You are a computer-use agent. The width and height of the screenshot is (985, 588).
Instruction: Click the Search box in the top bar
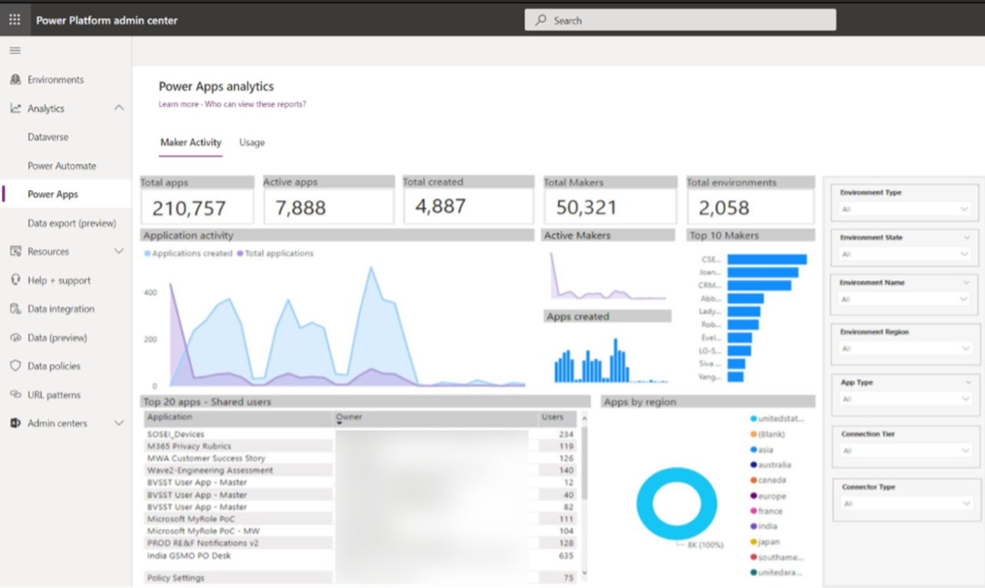pyautogui.click(x=680, y=20)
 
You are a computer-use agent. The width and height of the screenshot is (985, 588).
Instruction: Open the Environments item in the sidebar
pyautogui.click(x=55, y=80)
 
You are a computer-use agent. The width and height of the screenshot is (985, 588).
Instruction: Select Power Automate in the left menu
pyautogui.click(x=62, y=166)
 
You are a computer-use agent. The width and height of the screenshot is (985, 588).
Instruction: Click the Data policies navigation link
pyautogui.click(x=53, y=366)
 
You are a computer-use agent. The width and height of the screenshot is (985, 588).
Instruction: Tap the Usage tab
pyautogui.click(x=252, y=142)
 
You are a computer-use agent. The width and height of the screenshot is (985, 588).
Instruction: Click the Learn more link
pyautogui.click(x=179, y=104)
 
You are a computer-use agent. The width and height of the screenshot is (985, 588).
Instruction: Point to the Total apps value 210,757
pyautogui.click(x=189, y=208)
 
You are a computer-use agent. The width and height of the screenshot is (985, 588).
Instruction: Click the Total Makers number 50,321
pyautogui.click(x=586, y=208)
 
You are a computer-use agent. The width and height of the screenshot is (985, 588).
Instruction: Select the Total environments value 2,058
pyautogui.click(x=723, y=208)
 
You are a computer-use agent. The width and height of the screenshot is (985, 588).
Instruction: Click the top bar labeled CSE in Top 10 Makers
pyautogui.click(x=766, y=259)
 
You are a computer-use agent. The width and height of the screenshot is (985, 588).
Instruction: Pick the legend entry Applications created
pyautogui.click(x=191, y=254)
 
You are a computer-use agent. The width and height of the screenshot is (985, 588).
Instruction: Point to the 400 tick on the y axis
pyautogui.click(x=151, y=292)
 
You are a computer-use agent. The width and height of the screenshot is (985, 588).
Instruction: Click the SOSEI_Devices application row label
pyautogui.click(x=175, y=434)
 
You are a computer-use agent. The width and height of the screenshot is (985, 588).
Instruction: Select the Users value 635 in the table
pyautogui.click(x=566, y=556)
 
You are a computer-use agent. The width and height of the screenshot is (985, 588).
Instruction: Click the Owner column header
pyautogui.click(x=349, y=417)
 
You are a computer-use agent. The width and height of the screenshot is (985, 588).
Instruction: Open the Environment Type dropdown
pyautogui.click(x=905, y=209)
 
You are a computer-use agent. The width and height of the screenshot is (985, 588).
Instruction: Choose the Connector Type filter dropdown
pyautogui.click(x=905, y=503)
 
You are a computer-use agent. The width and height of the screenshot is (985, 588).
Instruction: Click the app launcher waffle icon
pyautogui.click(x=15, y=20)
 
